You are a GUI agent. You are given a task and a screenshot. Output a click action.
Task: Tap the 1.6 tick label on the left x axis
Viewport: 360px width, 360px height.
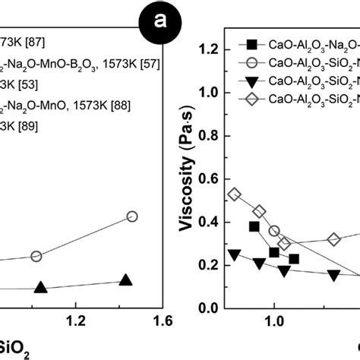[160, 322]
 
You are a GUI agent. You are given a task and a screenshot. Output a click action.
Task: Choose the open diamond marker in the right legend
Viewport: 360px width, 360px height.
[251, 99]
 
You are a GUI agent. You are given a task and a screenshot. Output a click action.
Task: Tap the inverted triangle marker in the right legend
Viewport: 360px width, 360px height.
[251, 81]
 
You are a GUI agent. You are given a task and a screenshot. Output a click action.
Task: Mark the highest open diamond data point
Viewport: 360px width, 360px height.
[235, 194]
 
